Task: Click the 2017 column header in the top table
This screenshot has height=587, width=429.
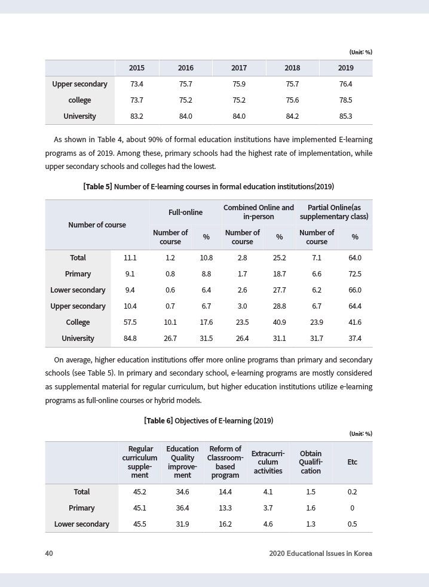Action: (239, 68)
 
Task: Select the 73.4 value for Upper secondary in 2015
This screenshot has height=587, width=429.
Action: (137, 84)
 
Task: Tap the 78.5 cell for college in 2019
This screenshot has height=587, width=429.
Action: (345, 100)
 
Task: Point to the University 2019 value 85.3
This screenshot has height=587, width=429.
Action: (345, 116)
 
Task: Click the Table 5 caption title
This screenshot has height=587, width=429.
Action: (209, 186)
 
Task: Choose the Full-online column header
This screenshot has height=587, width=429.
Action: (185, 212)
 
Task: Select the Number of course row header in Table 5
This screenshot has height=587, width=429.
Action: (97, 225)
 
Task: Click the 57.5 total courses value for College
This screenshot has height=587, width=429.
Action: (130, 322)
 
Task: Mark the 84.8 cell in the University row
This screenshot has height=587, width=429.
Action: (130, 339)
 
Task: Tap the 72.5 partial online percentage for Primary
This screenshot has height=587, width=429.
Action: (355, 274)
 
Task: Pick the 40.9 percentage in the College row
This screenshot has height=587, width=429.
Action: (279, 322)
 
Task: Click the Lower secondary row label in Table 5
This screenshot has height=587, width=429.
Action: (78, 290)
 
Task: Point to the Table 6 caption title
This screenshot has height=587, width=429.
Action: (209, 420)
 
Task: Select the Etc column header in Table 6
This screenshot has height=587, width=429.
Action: (352, 462)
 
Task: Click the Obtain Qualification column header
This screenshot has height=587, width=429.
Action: (311, 462)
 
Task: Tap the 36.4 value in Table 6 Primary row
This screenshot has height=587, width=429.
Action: (182, 508)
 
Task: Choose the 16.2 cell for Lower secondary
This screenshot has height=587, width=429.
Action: (225, 524)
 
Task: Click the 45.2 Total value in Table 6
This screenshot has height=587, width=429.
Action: (140, 492)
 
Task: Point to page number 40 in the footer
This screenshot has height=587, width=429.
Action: (49, 554)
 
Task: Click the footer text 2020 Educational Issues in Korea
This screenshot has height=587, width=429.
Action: (320, 554)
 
